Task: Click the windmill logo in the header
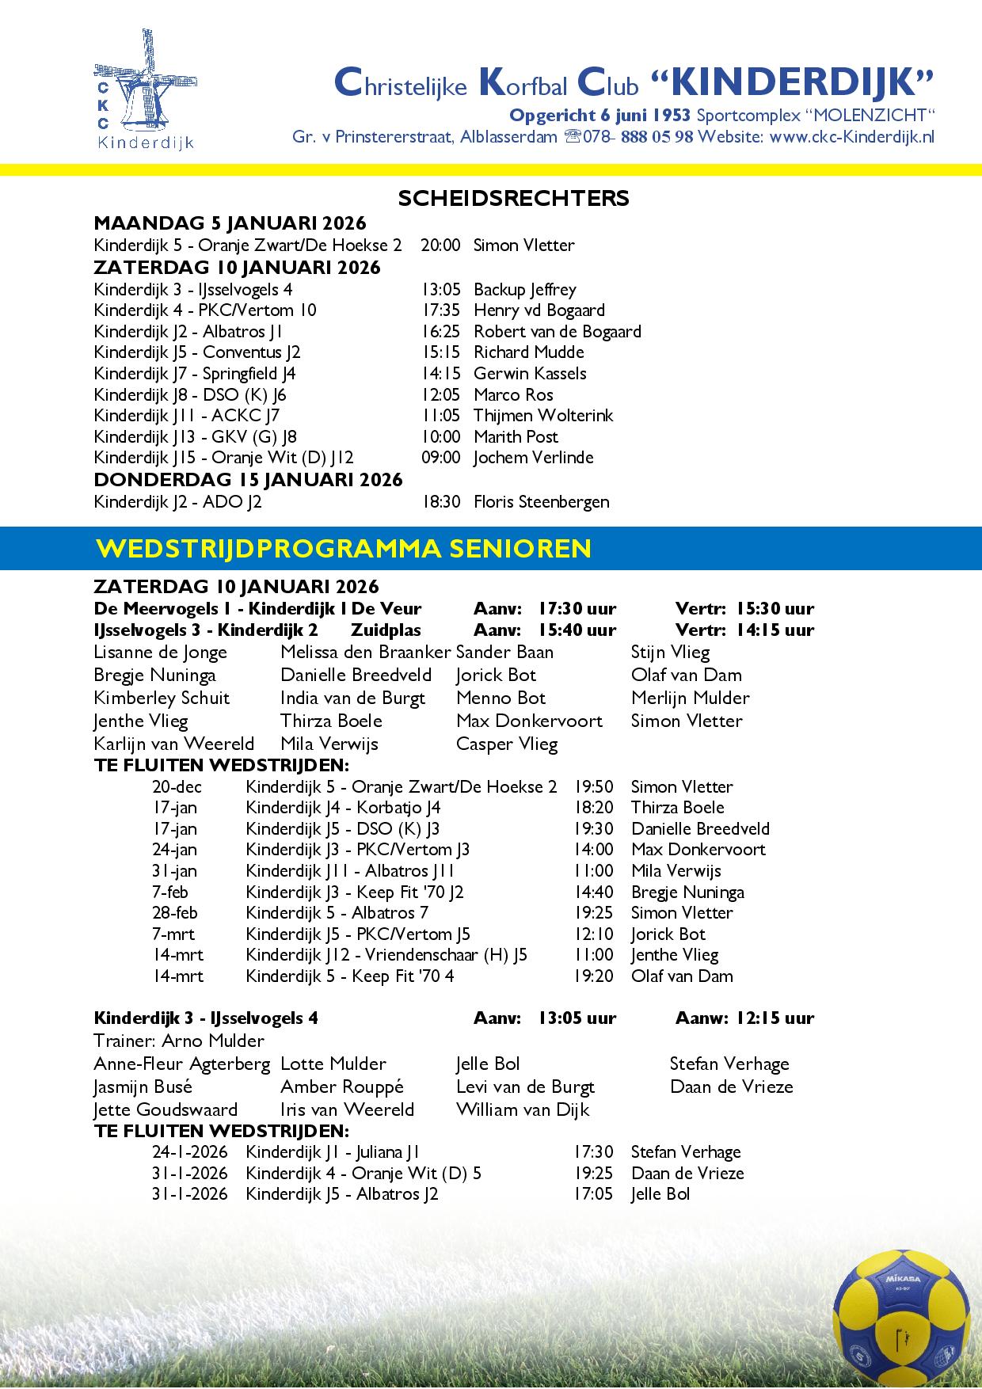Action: [144, 89]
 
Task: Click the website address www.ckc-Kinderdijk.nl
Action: [851, 136]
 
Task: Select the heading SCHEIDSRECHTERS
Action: [513, 198]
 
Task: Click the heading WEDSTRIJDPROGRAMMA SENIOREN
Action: [343, 548]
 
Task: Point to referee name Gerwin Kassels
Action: [530, 373]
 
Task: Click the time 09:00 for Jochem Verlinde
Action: [440, 457]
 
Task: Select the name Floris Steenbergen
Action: [541, 501]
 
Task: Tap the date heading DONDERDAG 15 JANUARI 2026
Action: [248, 479]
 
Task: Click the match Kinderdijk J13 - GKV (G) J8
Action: [195, 436]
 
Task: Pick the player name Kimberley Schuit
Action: [162, 698]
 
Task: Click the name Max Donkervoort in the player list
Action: [529, 721]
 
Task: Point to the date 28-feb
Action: [175, 912]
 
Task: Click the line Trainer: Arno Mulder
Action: [179, 1041]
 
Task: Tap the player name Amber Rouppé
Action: [342, 1086]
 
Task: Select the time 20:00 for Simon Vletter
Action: [440, 245]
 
